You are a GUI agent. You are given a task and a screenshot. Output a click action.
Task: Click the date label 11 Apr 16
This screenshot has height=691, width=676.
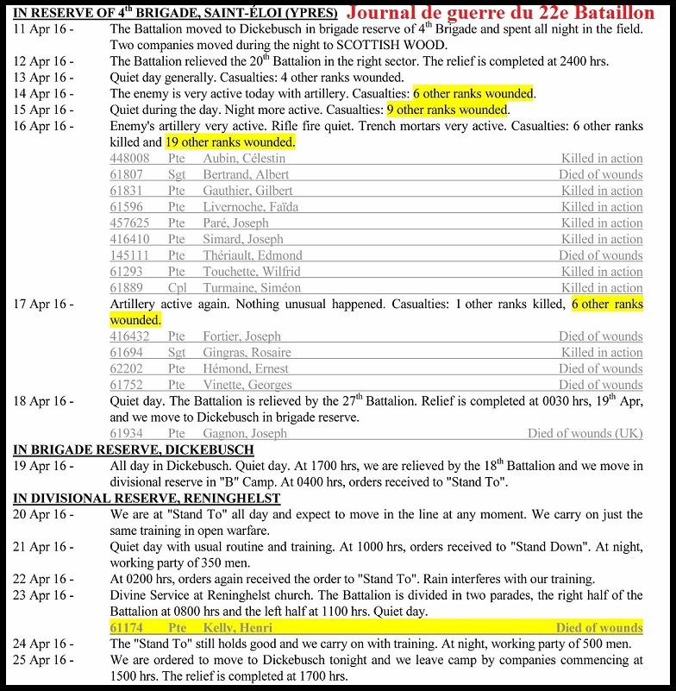pos(43,28)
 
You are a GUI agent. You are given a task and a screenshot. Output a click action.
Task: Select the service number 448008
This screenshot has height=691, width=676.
pos(129,159)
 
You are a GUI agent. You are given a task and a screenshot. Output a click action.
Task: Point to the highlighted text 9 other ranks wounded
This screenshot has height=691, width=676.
pos(447,110)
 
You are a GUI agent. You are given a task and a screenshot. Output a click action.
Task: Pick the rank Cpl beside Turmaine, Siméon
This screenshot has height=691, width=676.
pos(177,288)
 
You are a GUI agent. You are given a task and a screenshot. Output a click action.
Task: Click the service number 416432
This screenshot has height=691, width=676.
pos(129,336)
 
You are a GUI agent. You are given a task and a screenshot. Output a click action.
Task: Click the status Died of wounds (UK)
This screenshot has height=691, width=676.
pos(585,433)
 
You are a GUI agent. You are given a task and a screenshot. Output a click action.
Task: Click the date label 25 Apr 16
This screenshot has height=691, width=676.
pos(43,661)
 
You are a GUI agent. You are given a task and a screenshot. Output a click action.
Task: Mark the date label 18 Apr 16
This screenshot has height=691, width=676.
pos(43,401)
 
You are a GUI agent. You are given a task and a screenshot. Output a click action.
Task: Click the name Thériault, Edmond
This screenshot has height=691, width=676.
pos(253,255)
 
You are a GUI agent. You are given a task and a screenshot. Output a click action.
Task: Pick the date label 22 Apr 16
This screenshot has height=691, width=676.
pos(43,579)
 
